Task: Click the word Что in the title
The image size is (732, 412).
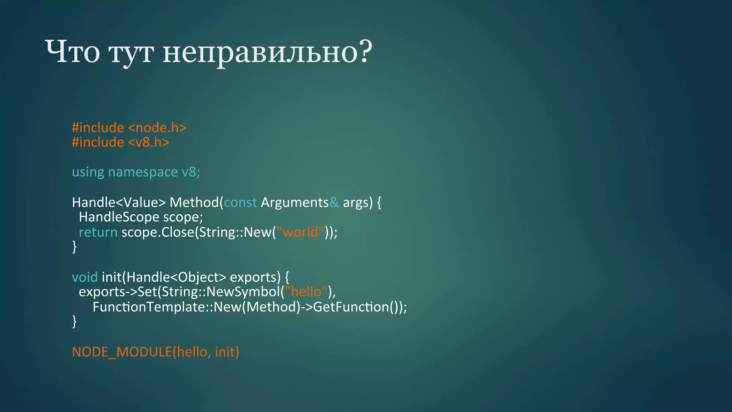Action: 73,52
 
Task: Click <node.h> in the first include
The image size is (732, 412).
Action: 157,128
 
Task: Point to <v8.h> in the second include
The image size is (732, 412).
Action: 148,142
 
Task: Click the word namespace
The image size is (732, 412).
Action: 143,172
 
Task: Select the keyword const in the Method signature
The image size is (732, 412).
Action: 240,202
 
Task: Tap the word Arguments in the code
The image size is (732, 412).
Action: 295,202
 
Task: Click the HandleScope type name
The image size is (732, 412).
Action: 119,217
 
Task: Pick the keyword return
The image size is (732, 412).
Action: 98,232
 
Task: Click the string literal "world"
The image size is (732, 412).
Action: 300,232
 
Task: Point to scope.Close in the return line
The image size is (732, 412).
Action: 158,232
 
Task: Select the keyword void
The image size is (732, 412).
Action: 85,277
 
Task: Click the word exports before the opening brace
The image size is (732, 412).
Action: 255,277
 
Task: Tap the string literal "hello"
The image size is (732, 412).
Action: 306,292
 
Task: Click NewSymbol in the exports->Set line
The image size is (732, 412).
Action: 243,292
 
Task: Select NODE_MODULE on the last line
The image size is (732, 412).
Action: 122,352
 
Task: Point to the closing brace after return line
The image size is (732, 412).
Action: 74,247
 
